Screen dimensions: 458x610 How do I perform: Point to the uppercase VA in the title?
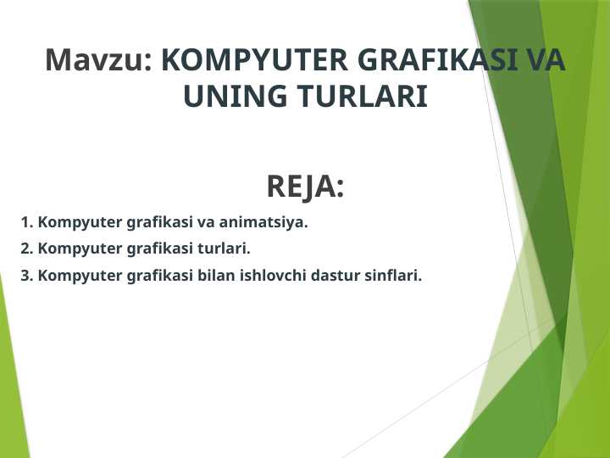(545, 60)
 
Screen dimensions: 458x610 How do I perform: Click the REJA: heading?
(305, 187)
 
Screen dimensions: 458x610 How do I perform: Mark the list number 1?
(26, 223)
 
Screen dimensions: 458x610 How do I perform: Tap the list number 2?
(26, 249)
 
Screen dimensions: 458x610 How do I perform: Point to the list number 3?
(26, 276)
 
